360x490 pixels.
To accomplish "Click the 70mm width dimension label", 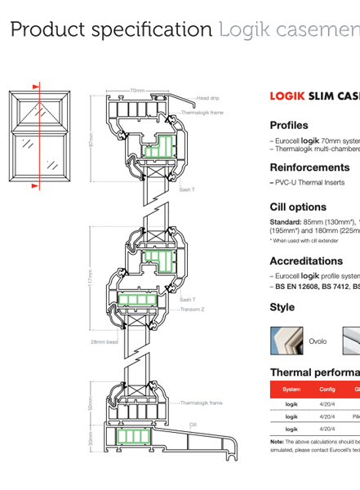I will pos(137,91).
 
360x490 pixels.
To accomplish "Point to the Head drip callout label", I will pos(207,98).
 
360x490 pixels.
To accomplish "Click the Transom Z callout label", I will pos(193,310).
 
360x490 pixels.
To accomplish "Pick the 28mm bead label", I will pos(104,342).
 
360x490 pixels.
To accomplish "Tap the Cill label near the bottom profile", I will pos(193,425).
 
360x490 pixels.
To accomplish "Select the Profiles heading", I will pos(288,125).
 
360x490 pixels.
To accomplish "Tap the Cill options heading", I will pos(298,207).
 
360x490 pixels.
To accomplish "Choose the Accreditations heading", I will pos(306,261).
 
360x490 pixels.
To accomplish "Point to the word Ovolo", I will pos(318,341).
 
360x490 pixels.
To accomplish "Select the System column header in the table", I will pos(291,390).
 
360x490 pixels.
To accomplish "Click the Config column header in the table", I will pos(327,390).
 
